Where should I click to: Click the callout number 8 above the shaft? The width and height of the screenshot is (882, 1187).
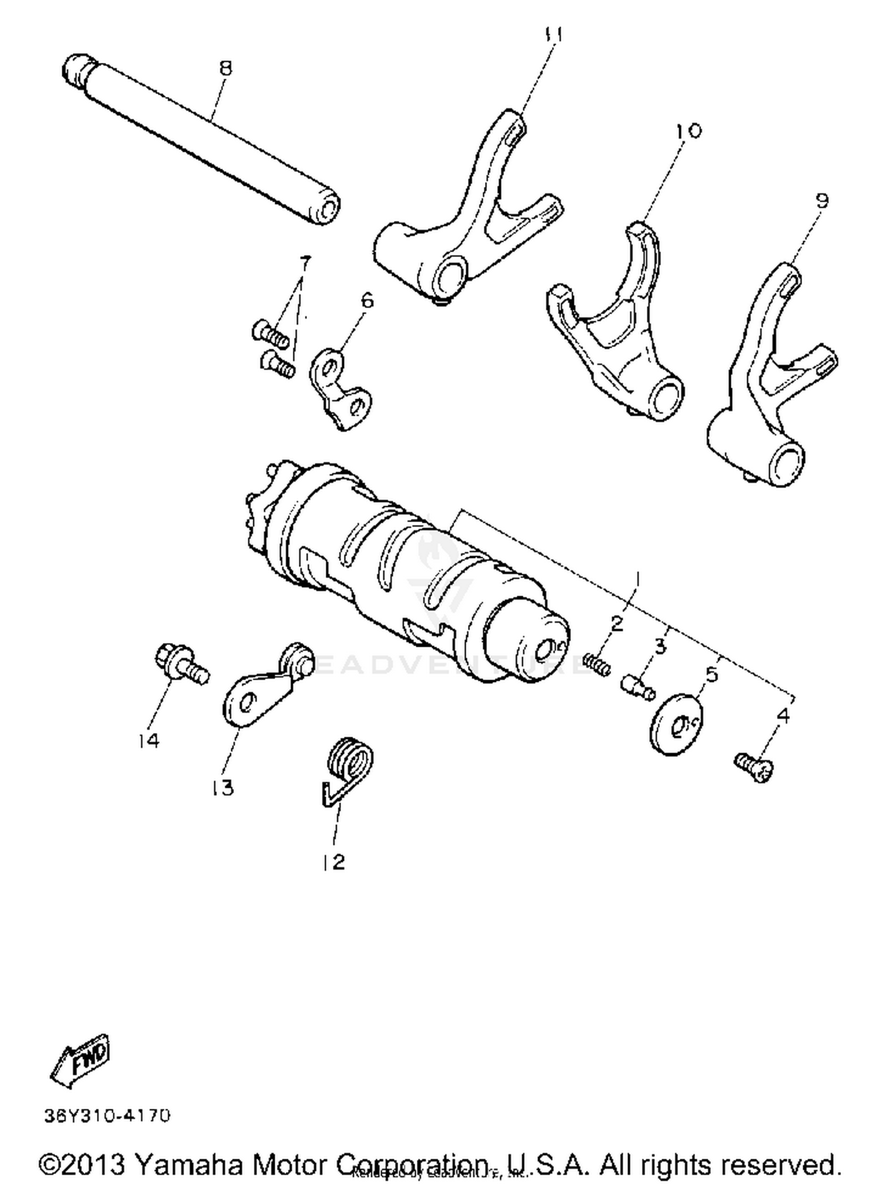click(x=225, y=68)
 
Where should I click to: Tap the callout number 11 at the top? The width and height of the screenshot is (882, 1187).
click(x=553, y=35)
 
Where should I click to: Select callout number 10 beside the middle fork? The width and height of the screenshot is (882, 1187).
click(x=688, y=131)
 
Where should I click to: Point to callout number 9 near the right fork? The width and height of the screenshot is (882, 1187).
click(x=822, y=201)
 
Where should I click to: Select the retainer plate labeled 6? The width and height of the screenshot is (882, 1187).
click(x=341, y=389)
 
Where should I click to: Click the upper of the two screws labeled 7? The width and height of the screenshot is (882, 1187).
click(x=270, y=333)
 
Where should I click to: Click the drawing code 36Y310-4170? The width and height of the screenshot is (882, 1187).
click(x=107, y=1115)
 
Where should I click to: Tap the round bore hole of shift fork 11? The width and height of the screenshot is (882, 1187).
click(x=449, y=275)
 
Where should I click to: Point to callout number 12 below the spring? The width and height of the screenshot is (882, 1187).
click(x=333, y=862)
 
